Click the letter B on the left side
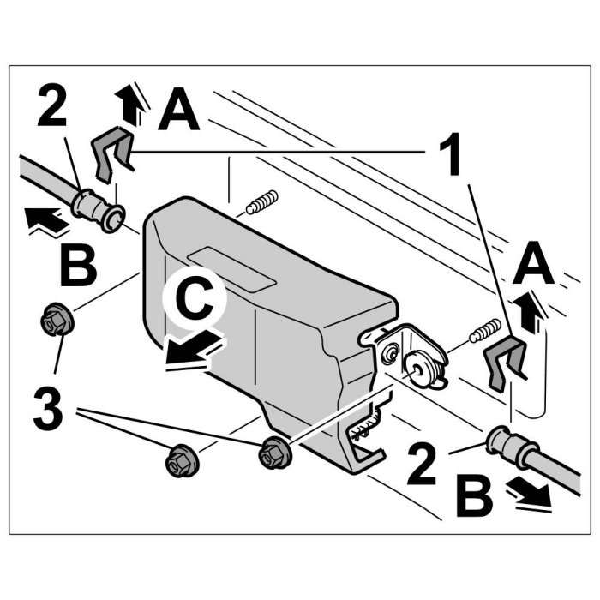point(79,267)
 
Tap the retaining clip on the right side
point(507,362)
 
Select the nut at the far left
point(56,321)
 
